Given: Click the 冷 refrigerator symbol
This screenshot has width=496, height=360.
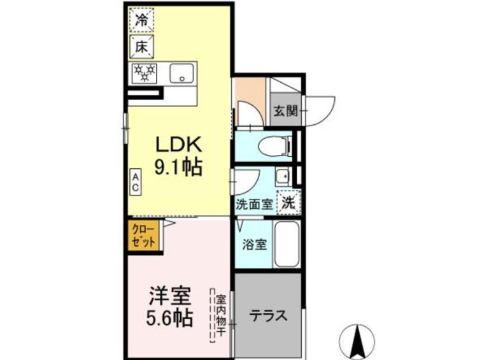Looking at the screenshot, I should (141, 20).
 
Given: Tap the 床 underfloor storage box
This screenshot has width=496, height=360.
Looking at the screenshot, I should (141, 47).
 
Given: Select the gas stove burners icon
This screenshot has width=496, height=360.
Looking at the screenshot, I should (144, 73).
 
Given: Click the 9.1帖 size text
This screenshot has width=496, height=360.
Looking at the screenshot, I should (177, 168).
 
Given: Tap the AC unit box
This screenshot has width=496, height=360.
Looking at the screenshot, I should (136, 182).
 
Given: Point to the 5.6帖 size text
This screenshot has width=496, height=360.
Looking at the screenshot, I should (170, 318).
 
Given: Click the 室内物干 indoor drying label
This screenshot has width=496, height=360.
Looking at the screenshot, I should (220, 315).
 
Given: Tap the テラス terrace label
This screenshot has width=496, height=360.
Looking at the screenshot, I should (267, 315).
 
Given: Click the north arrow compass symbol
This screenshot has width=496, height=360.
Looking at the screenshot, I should (357, 340).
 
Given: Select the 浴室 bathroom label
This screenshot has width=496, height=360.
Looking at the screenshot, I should (255, 245).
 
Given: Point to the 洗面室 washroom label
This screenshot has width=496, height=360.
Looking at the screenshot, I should (254, 205).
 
